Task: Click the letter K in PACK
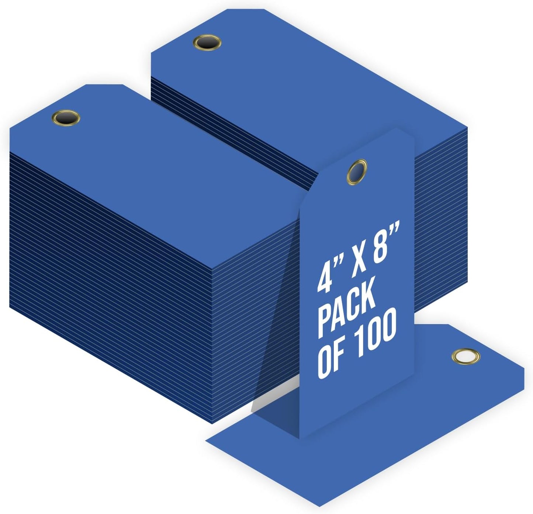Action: pos(367,297)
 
